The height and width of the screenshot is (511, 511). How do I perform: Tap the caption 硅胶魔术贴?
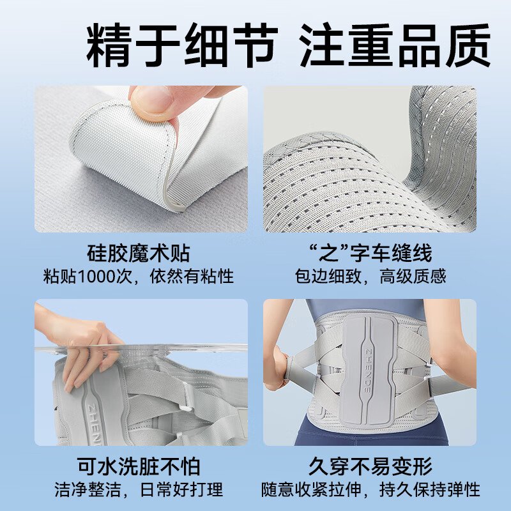tap(141, 254)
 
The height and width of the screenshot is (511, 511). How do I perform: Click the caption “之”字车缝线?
tap(370, 254)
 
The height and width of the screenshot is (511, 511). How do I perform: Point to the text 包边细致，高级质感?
tap(370, 277)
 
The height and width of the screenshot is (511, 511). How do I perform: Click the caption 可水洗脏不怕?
tap(141, 466)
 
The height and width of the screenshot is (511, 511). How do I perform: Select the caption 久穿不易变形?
tap(370, 466)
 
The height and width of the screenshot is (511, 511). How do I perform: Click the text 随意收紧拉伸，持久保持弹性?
tap(370, 490)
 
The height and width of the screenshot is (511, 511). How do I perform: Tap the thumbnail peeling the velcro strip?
tap(141, 159)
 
